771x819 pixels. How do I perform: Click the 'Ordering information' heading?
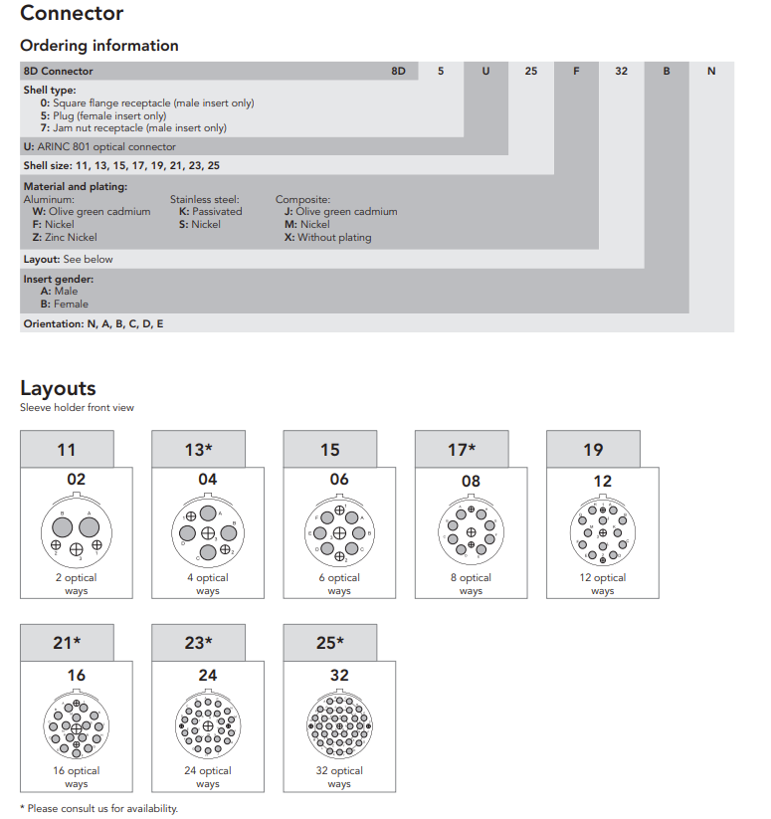click(x=99, y=46)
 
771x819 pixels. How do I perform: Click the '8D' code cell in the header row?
click(x=398, y=72)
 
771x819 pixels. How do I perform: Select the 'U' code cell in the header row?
click(x=486, y=72)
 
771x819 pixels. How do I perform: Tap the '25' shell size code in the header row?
click(x=531, y=72)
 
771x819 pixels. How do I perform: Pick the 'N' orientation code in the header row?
click(x=711, y=72)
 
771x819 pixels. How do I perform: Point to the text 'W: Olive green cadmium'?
click(x=92, y=212)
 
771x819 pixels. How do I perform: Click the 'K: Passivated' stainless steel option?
click(x=210, y=212)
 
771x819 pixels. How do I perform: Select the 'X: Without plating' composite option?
click(x=327, y=238)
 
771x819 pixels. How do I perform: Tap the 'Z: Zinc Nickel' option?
click(x=65, y=238)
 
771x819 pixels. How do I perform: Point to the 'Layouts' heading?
click(x=58, y=388)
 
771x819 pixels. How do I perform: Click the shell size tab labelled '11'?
click(x=67, y=450)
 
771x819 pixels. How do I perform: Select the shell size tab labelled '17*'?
click(x=462, y=450)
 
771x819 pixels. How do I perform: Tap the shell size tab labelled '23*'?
click(x=198, y=643)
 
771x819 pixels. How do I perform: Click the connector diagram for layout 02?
click(x=77, y=532)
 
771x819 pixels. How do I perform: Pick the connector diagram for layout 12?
click(x=602, y=533)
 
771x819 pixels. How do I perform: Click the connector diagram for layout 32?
click(x=339, y=726)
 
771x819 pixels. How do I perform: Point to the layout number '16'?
click(x=77, y=675)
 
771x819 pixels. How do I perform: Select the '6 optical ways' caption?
click(x=339, y=584)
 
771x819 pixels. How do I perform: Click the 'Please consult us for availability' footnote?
click(x=98, y=808)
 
